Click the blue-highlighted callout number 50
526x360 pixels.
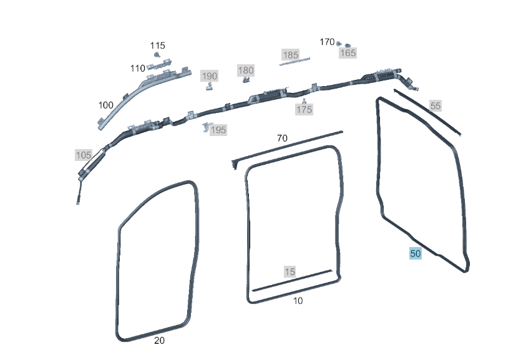point(416,254)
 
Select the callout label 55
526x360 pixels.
point(435,106)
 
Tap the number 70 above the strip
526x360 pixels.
point(282,139)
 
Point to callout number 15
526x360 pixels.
point(290,271)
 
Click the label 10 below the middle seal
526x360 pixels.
point(298,301)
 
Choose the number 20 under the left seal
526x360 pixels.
point(159,341)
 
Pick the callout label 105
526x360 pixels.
point(84,155)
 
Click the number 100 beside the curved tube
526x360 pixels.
point(105,105)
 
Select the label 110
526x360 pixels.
point(137,69)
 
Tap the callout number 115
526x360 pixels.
point(158,46)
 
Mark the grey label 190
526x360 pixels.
point(209,76)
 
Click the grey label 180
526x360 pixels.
point(246,71)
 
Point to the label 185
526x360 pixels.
point(291,55)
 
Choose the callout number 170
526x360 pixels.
point(327,42)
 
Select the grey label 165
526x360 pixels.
point(348,52)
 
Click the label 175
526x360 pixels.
point(304,109)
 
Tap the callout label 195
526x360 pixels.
point(218,130)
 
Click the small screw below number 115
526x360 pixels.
point(157,55)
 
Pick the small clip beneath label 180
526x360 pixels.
point(246,79)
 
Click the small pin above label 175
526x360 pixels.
point(304,101)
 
